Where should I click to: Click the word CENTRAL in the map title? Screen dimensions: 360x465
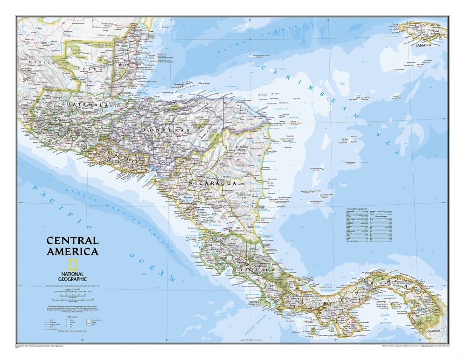click(72, 241)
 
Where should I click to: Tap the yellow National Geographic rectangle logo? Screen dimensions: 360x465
click(72, 264)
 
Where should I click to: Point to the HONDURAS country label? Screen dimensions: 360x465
click(167, 130)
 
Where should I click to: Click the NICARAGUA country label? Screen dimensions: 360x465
click(212, 183)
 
